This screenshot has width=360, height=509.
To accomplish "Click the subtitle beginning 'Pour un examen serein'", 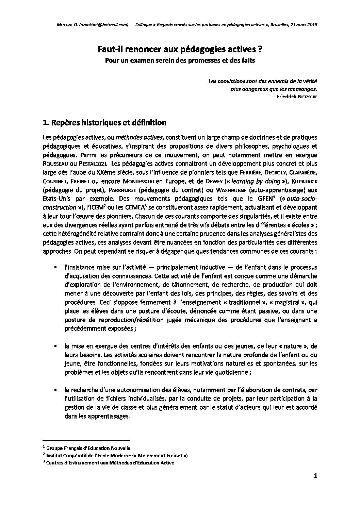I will point(180,61).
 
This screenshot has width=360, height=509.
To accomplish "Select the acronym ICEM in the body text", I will point(98,207).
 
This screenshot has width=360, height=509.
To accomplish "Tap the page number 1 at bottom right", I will point(315,486).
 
